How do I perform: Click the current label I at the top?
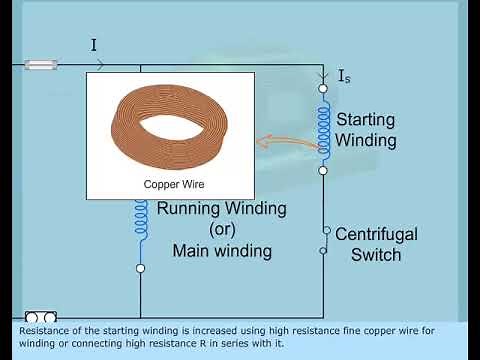pos(93,45)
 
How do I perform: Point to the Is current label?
pos(344,76)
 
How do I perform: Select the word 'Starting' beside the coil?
pos(365,119)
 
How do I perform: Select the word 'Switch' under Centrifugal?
pos(375,254)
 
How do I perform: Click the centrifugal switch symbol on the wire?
pos(324,241)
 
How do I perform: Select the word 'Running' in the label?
pos(194,209)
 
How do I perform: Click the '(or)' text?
pos(222,230)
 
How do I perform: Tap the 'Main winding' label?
pos(222,251)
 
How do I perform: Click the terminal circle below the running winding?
pos(141,269)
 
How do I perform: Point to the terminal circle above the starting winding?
pos(323,89)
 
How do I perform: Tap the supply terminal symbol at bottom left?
pos(41,317)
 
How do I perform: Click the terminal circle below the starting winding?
pos(323,171)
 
